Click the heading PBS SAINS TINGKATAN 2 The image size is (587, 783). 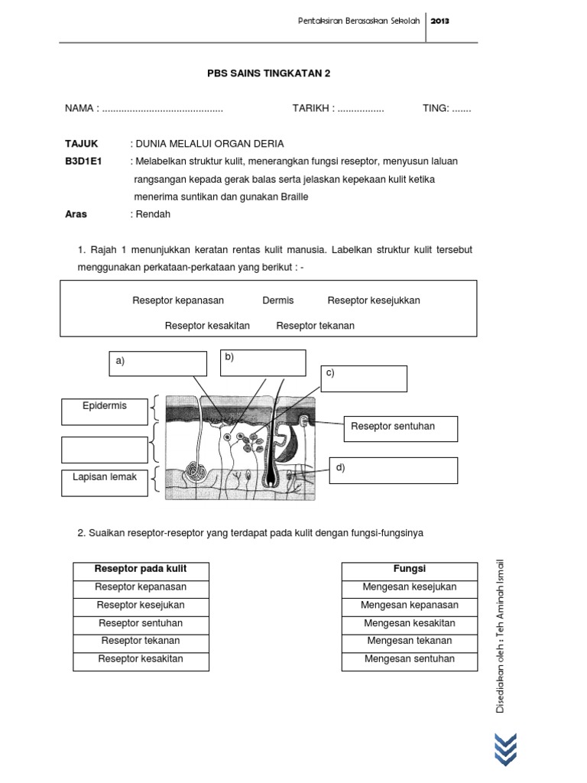(269, 73)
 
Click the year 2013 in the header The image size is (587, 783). (439, 21)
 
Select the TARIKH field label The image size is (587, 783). (312, 109)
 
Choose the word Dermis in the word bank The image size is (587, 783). (277, 301)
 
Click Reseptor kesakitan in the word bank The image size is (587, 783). (207, 326)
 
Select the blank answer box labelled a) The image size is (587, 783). (157, 364)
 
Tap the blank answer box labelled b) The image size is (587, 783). (263, 363)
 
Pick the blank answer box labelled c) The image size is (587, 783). (364, 379)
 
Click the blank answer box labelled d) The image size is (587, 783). (394, 470)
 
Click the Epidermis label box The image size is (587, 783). (105, 411)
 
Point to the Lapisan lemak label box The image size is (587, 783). (105, 482)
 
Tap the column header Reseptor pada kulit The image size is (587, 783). (141, 570)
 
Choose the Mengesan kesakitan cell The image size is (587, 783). (410, 623)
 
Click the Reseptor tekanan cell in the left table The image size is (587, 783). (141, 641)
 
